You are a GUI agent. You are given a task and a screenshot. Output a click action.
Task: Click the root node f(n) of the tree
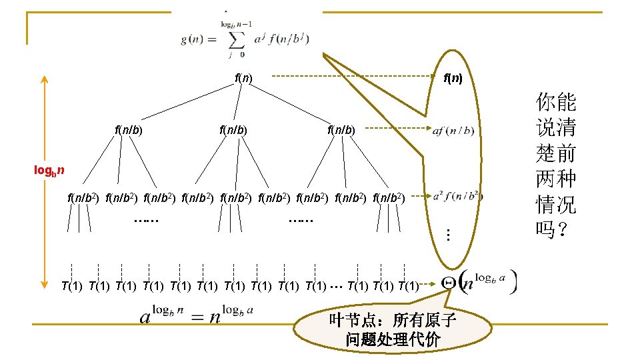[243, 78]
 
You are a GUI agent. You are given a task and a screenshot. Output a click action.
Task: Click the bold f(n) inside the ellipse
[453, 78]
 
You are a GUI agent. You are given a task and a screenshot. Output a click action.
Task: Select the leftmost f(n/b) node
[129, 129]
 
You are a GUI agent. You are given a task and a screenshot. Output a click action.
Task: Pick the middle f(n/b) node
[233, 129]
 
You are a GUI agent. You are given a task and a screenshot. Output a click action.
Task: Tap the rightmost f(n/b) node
[341, 129]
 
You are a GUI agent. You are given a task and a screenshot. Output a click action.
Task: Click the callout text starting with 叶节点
[393, 329]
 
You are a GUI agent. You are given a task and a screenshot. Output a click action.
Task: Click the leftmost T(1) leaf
[71, 287]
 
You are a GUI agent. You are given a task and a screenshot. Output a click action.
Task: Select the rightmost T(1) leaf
[408, 287]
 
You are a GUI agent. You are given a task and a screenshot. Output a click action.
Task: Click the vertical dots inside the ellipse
[449, 235]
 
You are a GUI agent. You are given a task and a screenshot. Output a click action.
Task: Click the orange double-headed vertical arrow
[43, 180]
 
